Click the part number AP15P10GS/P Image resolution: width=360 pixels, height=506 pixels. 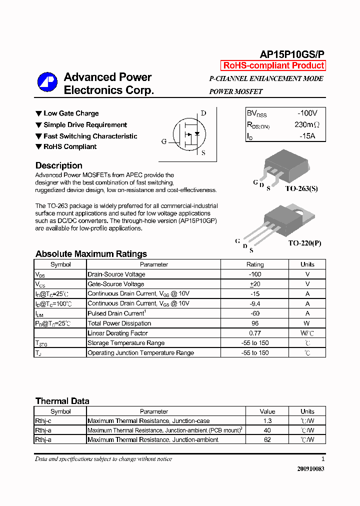(292, 54)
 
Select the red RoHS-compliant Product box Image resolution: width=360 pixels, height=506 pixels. (273, 65)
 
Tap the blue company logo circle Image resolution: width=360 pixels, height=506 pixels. (47, 82)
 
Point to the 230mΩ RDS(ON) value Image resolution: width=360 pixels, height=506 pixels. (306, 124)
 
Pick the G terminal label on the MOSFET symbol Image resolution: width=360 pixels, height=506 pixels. (163, 141)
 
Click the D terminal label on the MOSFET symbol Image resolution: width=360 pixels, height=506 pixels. (203, 113)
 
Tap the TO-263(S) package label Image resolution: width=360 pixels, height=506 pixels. (301, 188)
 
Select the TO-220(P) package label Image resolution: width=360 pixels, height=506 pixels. (304, 243)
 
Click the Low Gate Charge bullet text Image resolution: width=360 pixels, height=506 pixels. (71, 113)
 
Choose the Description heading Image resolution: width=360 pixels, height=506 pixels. (59, 165)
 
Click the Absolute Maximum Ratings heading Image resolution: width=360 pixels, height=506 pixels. (91, 254)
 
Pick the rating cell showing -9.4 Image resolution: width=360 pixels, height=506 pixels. (255, 303)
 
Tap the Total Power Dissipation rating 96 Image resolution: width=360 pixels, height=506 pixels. (255, 323)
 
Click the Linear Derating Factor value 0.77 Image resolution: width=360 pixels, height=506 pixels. (255, 333)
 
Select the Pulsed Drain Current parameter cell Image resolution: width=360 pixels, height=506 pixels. (117, 313)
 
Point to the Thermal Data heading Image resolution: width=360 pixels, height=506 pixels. (62, 401)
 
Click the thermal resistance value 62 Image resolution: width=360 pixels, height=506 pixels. (267, 440)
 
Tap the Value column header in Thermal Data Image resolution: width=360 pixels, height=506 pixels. (267, 411)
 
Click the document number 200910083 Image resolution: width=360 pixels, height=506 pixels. (310, 469)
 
